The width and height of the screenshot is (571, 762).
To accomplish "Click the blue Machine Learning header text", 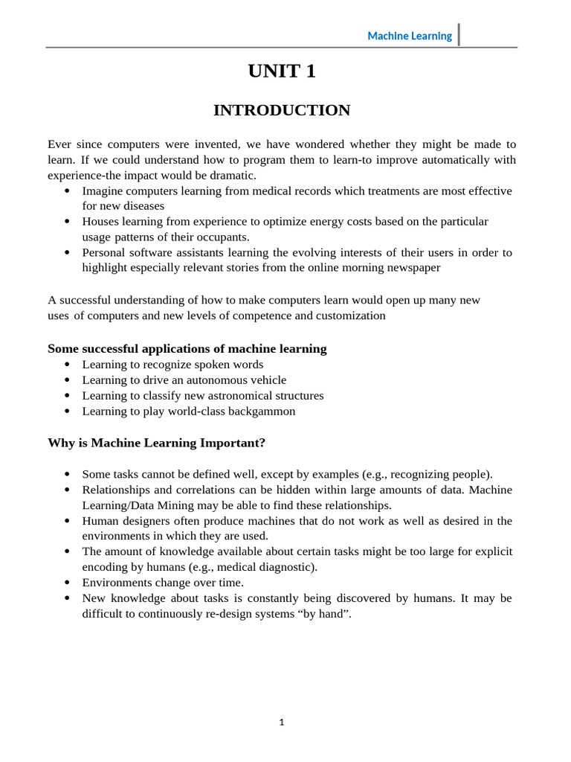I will pyautogui.click(x=410, y=36).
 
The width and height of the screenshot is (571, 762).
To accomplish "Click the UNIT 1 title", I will pyautogui.click(x=282, y=71).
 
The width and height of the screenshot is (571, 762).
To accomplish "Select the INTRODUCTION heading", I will pyautogui.click(x=282, y=110).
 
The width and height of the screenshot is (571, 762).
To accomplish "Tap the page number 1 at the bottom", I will pyautogui.click(x=282, y=721).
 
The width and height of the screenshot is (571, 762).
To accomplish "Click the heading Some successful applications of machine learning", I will pyautogui.click(x=187, y=348).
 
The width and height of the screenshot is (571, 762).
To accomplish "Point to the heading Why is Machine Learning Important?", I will pyautogui.click(x=156, y=443).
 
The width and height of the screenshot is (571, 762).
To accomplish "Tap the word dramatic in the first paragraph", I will pyautogui.click(x=233, y=175).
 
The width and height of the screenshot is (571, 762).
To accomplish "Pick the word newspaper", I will pyautogui.click(x=407, y=268).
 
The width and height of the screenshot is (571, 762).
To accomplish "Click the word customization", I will pyautogui.click(x=349, y=315).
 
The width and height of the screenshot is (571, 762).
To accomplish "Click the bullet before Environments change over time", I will pyautogui.click(x=67, y=583).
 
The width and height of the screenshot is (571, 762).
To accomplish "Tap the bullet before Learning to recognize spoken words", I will pyautogui.click(x=67, y=365).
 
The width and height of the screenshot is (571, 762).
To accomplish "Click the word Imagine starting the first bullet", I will pyautogui.click(x=103, y=190).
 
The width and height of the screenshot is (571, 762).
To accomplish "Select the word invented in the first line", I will pyautogui.click(x=211, y=144).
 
